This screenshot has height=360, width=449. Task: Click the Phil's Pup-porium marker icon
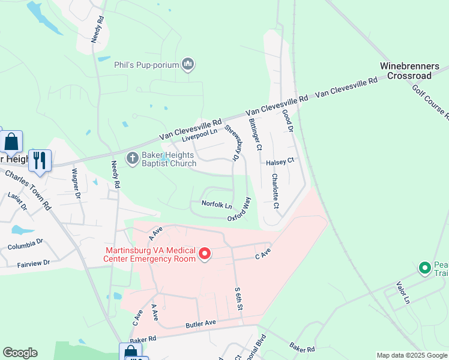(x=188, y=64)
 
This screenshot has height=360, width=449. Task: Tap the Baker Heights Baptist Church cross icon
(x=132, y=158)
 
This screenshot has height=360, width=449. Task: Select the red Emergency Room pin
(x=205, y=254)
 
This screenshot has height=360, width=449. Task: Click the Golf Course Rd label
(x=430, y=101)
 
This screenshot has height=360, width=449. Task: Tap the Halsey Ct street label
(x=280, y=161)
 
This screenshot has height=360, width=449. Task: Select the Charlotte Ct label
(x=275, y=191)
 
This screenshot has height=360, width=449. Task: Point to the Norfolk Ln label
(x=216, y=204)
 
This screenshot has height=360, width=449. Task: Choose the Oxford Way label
(x=239, y=210)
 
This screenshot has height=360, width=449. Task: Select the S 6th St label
(x=238, y=298)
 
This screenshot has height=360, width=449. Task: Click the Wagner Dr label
(x=76, y=183)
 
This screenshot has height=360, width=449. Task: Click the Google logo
(x=20, y=353)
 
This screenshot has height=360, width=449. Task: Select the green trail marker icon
(x=425, y=268)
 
